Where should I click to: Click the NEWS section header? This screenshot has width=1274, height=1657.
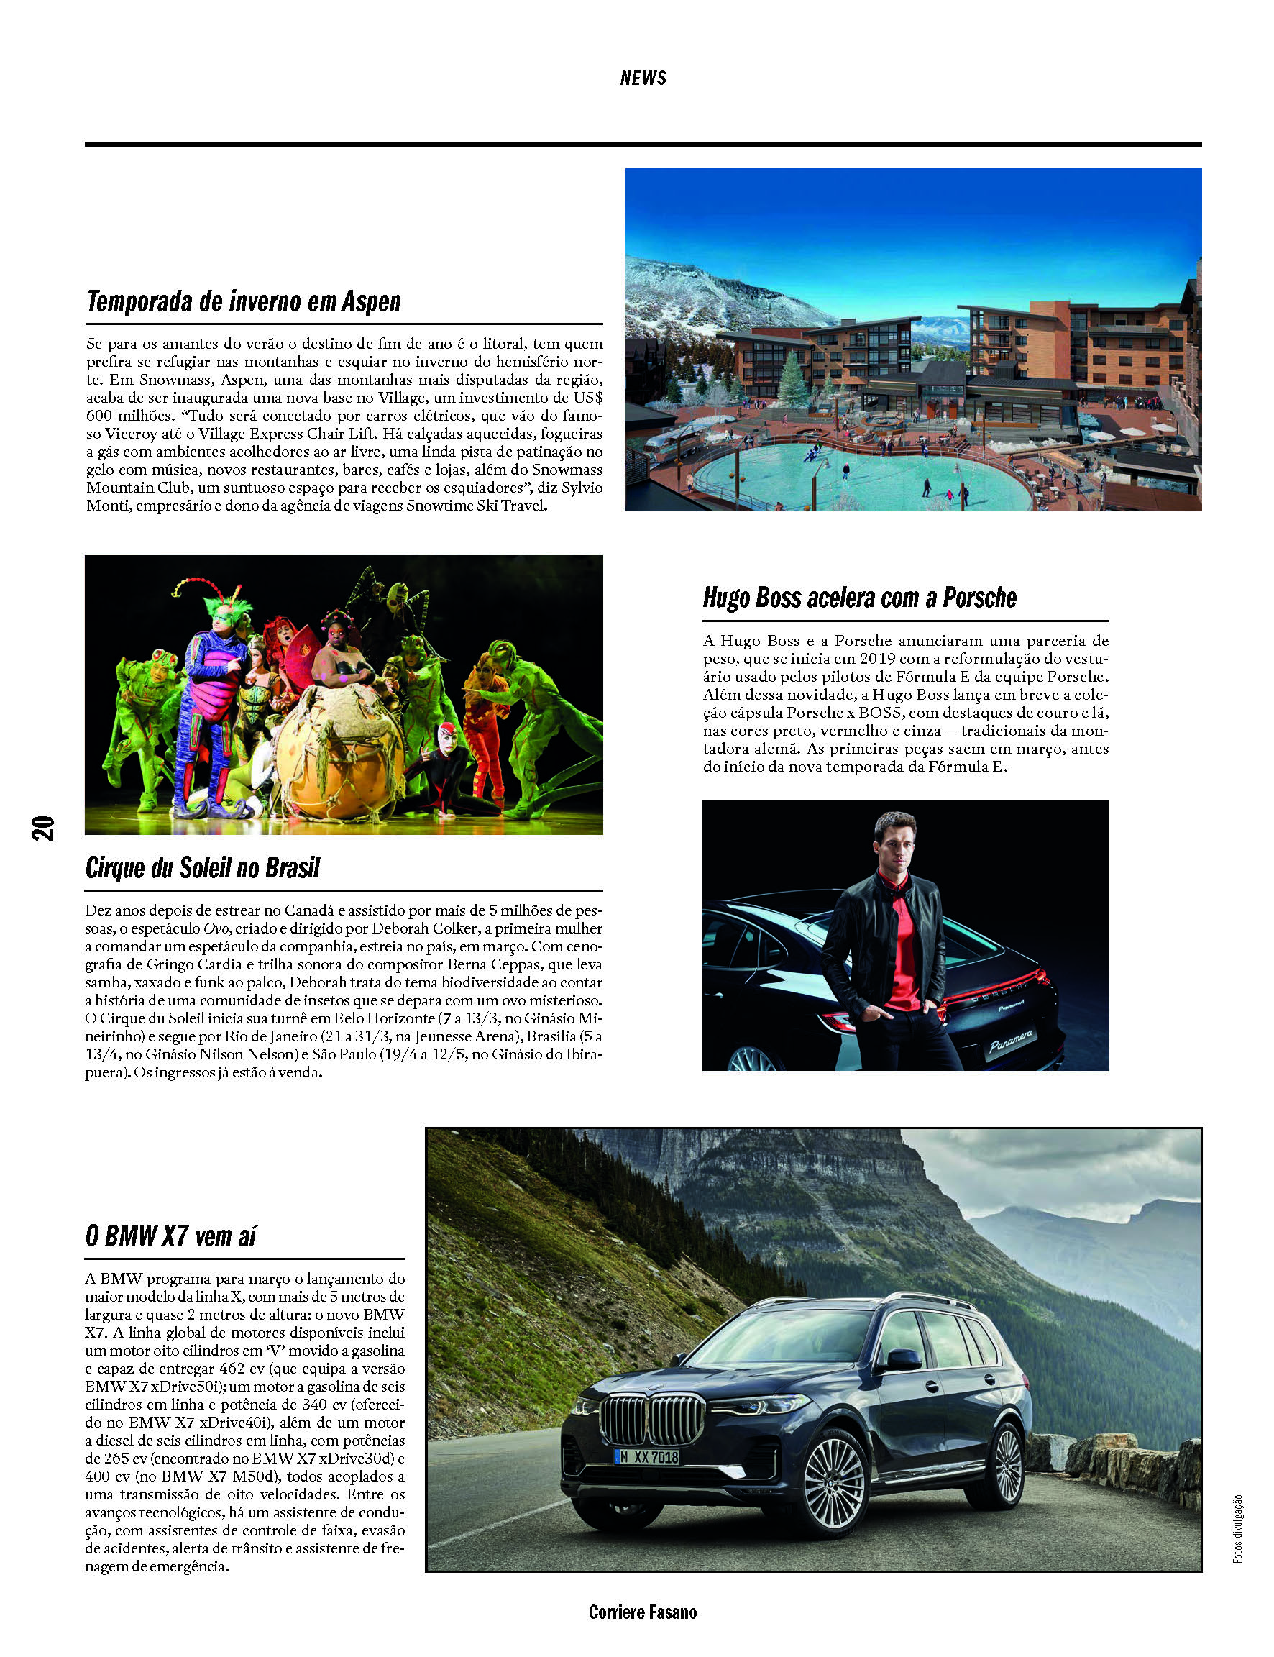643,78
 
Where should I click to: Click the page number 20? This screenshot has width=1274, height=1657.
43,827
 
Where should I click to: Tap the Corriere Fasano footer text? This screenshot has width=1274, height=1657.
642,1612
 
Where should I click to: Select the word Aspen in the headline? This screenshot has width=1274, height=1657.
370,301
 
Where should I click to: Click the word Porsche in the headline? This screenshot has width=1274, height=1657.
979,598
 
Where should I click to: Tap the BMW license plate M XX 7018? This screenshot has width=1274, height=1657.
647,1456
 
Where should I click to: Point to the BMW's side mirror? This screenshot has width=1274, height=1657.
900,1359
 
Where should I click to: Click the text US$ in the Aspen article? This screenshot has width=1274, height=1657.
587,398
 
